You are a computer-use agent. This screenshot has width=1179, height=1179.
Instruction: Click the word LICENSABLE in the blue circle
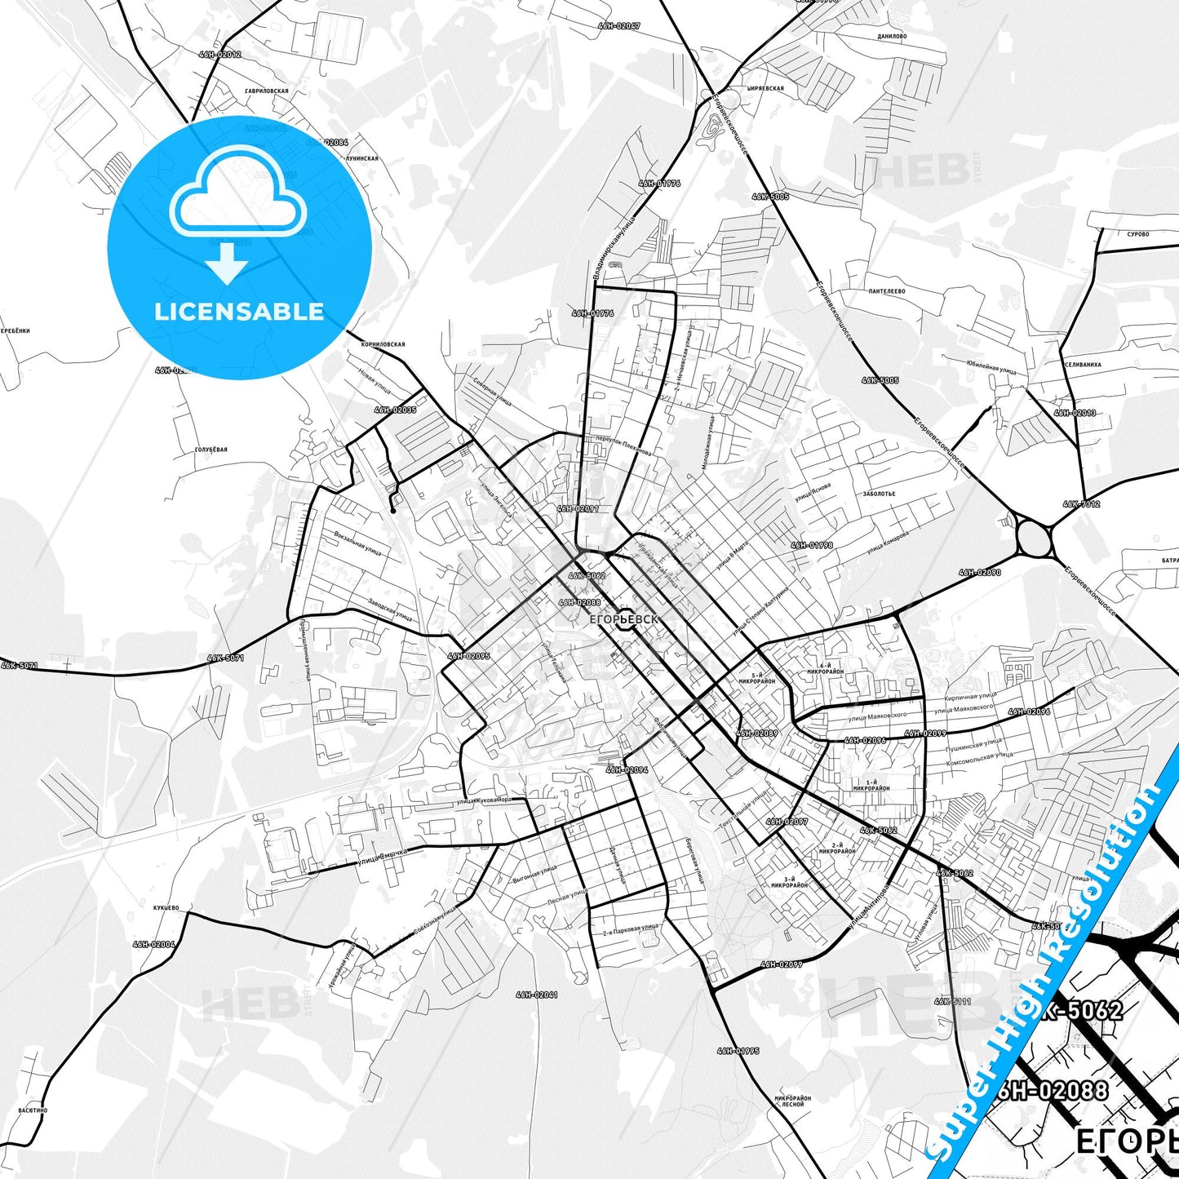(239, 311)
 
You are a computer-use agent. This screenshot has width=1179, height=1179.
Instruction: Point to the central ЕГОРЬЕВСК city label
(622, 619)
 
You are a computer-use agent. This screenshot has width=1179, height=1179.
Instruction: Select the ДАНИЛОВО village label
(892, 37)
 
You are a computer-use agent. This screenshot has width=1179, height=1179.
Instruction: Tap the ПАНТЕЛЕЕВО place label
(886, 291)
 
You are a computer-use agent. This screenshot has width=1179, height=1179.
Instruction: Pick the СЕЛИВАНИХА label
(1083, 365)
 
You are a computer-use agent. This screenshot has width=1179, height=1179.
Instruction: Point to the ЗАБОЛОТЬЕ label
(879, 494)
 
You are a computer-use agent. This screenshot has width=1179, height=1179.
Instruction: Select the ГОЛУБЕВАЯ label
(211, 450)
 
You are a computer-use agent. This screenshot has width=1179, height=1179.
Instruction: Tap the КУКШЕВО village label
(166, 907)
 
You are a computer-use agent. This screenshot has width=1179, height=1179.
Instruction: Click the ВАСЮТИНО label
(33, 1110)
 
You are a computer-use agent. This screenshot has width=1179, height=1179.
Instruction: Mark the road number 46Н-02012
(219, 55)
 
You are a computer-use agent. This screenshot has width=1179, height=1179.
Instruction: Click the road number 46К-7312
(1081, 504)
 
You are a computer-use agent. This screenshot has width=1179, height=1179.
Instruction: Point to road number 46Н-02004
(153, 944)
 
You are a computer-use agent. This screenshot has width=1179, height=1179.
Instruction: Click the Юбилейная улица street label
(990, 369)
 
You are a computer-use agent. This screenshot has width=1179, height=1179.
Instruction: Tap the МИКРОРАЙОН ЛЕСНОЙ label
(792, 1101)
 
